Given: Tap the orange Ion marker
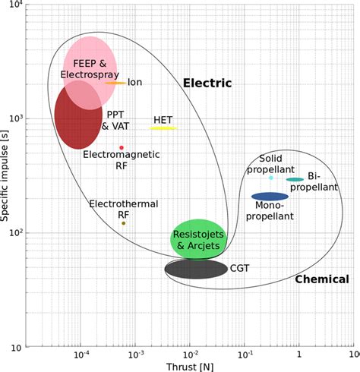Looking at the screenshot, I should click(x=115, y=83).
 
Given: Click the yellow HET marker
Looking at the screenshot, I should click(x=163, y=128).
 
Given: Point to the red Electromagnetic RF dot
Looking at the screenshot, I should click(x=122, y=147).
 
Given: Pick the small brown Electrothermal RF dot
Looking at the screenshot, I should click(x=124, y=223).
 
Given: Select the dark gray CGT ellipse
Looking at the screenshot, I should click(x=196, y=269).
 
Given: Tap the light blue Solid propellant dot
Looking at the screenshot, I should click(x=271, y=178).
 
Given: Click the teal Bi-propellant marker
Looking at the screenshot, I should click(x=295, y=180).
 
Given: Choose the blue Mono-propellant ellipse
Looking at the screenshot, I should click(x=270, y=197).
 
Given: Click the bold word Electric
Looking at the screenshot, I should click(x=207, y=83).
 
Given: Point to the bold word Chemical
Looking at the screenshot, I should click(x=321, y=279).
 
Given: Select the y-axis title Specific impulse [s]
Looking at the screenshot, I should click(x=7, y=175).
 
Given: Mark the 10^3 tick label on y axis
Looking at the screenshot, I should click(x=17, y=119).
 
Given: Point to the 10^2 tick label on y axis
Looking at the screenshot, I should click(x=17, y=233).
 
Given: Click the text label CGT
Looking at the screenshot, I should click(x=240, y=268).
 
